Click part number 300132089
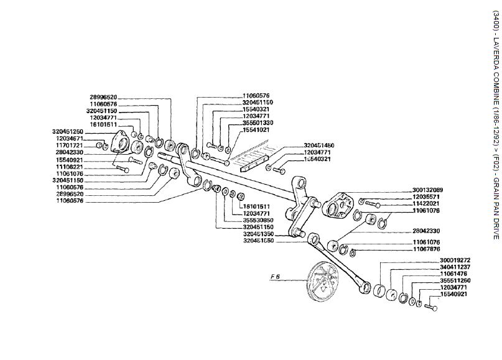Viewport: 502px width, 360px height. [x=429, y=189]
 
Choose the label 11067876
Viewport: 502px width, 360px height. [x=429, y=249]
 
